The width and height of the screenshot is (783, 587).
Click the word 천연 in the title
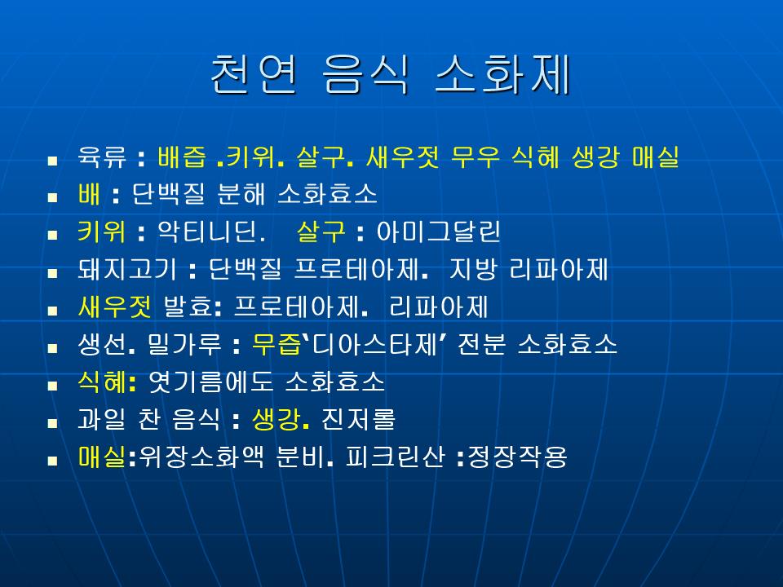(x=254, y=74)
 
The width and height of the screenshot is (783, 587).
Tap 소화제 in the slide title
(x=503, y=74)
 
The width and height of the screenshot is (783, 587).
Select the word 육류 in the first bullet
(x=102, y=157)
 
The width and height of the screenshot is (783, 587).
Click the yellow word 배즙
(x=182, y=157)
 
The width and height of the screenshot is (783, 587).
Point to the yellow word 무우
(x=475, y=157)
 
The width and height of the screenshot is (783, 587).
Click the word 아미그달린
(x=438, y=232)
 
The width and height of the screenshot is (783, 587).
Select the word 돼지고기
(x=127, y=269)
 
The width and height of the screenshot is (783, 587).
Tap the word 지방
(x=473, y=269)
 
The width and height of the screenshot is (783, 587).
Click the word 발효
(x=188, y=307)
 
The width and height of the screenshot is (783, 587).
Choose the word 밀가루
(x=184, y=344)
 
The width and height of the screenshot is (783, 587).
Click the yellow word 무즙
(x=276, y=344)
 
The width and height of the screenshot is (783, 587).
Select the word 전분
(x=481, y=344)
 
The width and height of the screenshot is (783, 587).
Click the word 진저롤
(x=358, y=419)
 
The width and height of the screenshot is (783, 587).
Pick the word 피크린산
(x=395, y=457)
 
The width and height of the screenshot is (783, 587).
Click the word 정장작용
(x=517, y=457)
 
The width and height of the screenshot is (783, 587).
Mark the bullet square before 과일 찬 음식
(x=52, y=423)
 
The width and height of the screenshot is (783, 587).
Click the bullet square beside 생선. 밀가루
(x=52, y=348)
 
